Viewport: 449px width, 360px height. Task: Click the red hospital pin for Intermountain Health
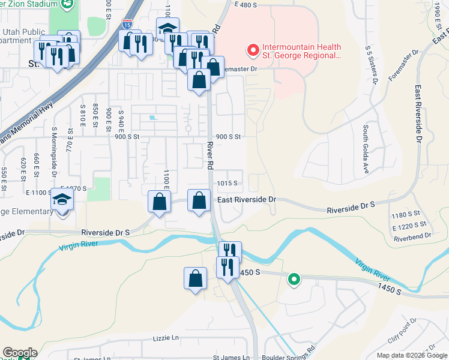[253, 50]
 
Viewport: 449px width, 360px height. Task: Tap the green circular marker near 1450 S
[294, 278]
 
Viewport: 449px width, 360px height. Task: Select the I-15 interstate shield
[127, 25]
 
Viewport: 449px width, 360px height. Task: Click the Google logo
[19, 353]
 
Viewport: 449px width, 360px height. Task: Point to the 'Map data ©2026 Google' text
[411, 355]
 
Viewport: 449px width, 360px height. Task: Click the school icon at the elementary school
[61, 200]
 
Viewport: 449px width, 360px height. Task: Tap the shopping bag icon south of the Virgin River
[194, 278]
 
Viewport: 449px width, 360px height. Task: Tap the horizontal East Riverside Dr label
[246, 199]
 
